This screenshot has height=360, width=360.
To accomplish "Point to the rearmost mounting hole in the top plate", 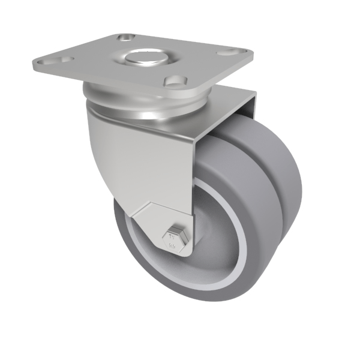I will tap(126, 37).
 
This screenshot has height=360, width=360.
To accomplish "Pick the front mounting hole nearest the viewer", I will tap(175, 79).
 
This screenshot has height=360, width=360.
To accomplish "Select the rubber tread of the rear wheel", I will tap(282, 180).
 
